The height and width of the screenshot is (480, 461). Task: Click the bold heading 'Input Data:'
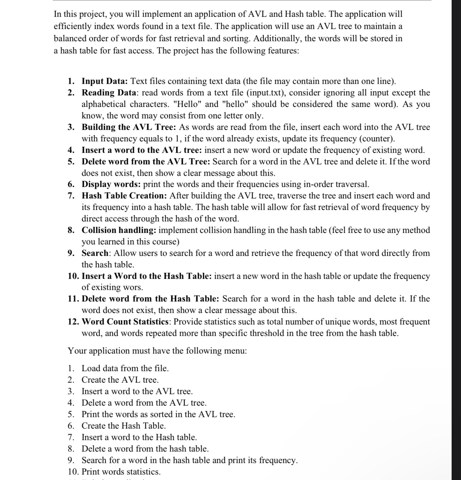(x=105, y=81)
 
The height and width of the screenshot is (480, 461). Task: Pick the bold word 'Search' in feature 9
(x=95, y=253)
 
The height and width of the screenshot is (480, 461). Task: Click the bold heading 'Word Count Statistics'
(x=125, y=322)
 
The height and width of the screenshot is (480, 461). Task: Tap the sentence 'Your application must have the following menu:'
(x=157, y=351)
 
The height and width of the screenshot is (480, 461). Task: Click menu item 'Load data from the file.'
(x=125, y=368)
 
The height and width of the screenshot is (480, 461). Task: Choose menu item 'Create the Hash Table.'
(x=124, y=426)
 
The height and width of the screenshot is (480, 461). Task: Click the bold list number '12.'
(x=74, y=322)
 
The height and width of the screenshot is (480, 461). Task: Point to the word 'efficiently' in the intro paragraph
(x=73, y=27)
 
